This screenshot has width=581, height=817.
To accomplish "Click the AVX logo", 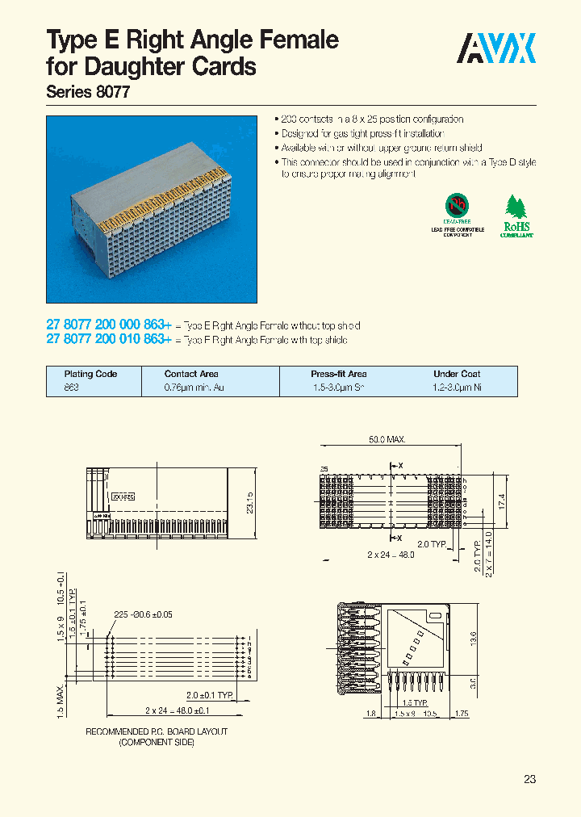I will pyautogui.click(x=497, y=49).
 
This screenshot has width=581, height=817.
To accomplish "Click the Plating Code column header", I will pyautogui.click(x=90, y=374).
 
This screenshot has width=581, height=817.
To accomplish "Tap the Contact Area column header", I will pyautogui.click(x=191, y=374).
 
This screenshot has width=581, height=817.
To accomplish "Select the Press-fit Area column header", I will pyautogui.click(x=338, y=374).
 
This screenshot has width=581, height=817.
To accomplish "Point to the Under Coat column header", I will pyautogui.click(x=457, y=374).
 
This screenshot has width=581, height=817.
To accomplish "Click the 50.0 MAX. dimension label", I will pyautogui.click(x=387, y=439).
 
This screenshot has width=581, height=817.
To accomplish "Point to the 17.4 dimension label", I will pyautogui.click(x=501, y=501).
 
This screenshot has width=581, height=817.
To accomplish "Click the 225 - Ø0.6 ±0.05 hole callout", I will pyautogui.click(x=143, y=614).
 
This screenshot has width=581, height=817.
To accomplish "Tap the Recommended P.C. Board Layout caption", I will pyautogui.click(x=157, y=736).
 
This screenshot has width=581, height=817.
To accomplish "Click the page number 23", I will pyautogui.click(x=529, y=779).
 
